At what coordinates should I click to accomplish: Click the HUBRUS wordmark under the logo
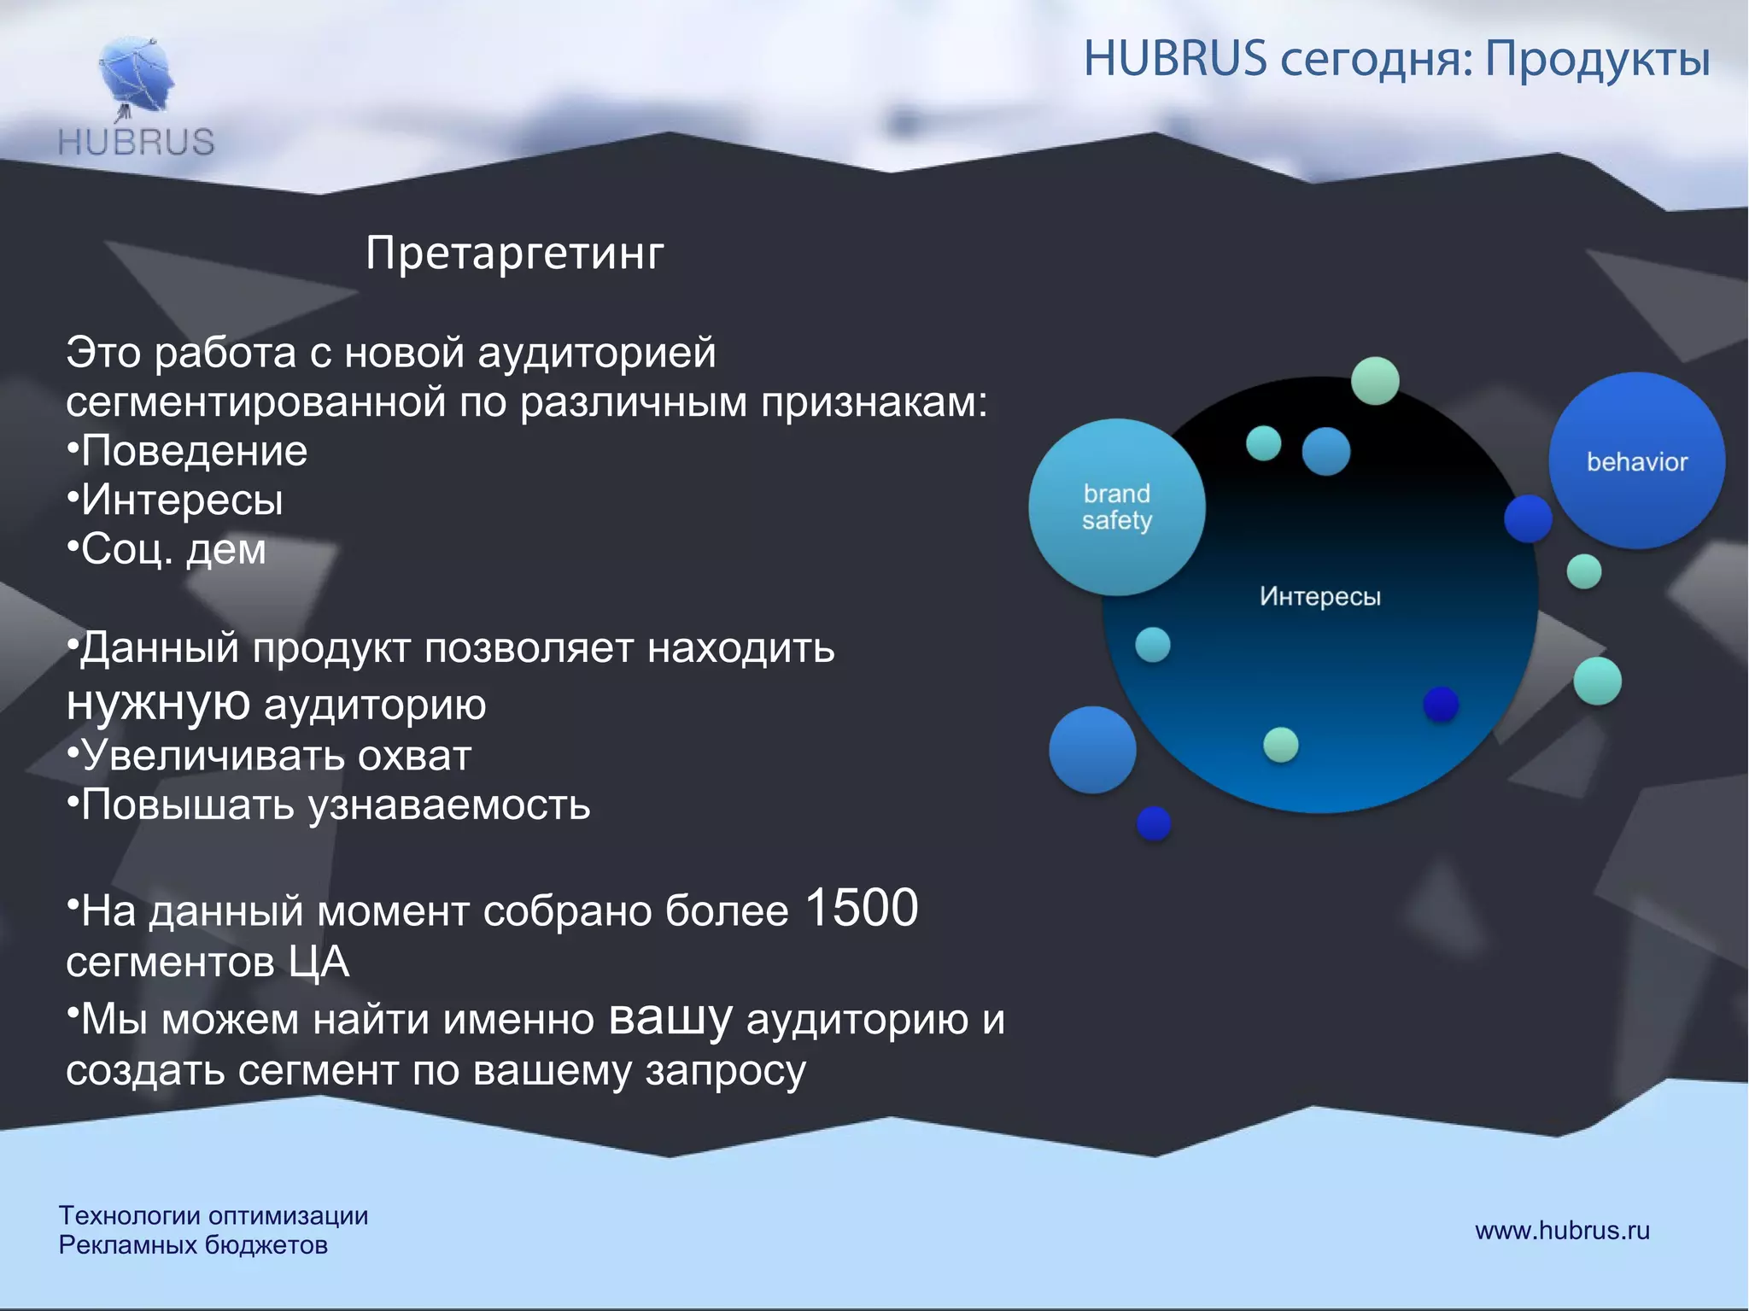click(137, 142)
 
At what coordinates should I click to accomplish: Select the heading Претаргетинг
click(515, 254)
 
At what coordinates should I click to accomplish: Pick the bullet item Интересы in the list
click(181, 500)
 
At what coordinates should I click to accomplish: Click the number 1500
click(862, 908)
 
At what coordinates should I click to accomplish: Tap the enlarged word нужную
click(158, 704)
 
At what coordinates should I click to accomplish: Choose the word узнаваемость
click(449, 805)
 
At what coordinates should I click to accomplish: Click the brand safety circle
click(1116, 507)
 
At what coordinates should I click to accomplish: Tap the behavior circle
click(1636, 462)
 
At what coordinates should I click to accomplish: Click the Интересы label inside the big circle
click(1319, 596)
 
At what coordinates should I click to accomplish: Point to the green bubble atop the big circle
click(1375, 381)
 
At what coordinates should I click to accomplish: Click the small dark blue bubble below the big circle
click(1154, 823)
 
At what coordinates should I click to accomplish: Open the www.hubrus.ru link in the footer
click(1562, 1231)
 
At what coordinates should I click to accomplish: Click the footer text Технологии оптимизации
click(214, 1215)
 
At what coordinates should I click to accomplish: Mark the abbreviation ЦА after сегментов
click(319, 963)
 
